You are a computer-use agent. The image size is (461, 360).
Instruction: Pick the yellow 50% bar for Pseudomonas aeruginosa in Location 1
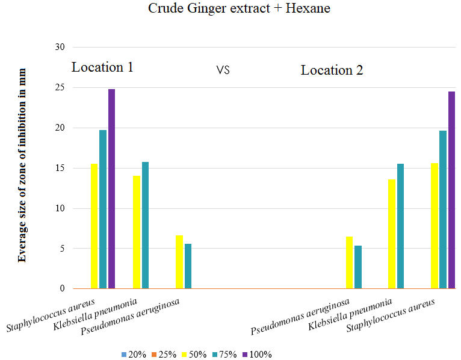coord(179,262)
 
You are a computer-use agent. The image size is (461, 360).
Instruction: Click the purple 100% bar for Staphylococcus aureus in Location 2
coord(451,190)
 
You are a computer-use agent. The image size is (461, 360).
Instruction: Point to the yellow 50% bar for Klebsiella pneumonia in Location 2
coord(392,234)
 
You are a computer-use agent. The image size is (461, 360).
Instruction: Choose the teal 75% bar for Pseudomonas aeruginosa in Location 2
coord(358,267)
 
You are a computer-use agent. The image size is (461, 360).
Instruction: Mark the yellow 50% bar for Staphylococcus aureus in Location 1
coord(94,226)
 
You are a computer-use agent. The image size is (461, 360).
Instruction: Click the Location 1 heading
coord(102,67)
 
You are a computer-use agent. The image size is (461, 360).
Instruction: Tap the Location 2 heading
coord(332,70)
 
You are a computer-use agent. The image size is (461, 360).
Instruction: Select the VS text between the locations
coord(223,70)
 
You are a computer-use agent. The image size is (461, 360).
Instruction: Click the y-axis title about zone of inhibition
coord(22,165)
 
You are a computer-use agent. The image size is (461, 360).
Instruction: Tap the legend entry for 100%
coord(257,354)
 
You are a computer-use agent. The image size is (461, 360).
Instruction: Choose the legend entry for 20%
coord(133,354)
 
